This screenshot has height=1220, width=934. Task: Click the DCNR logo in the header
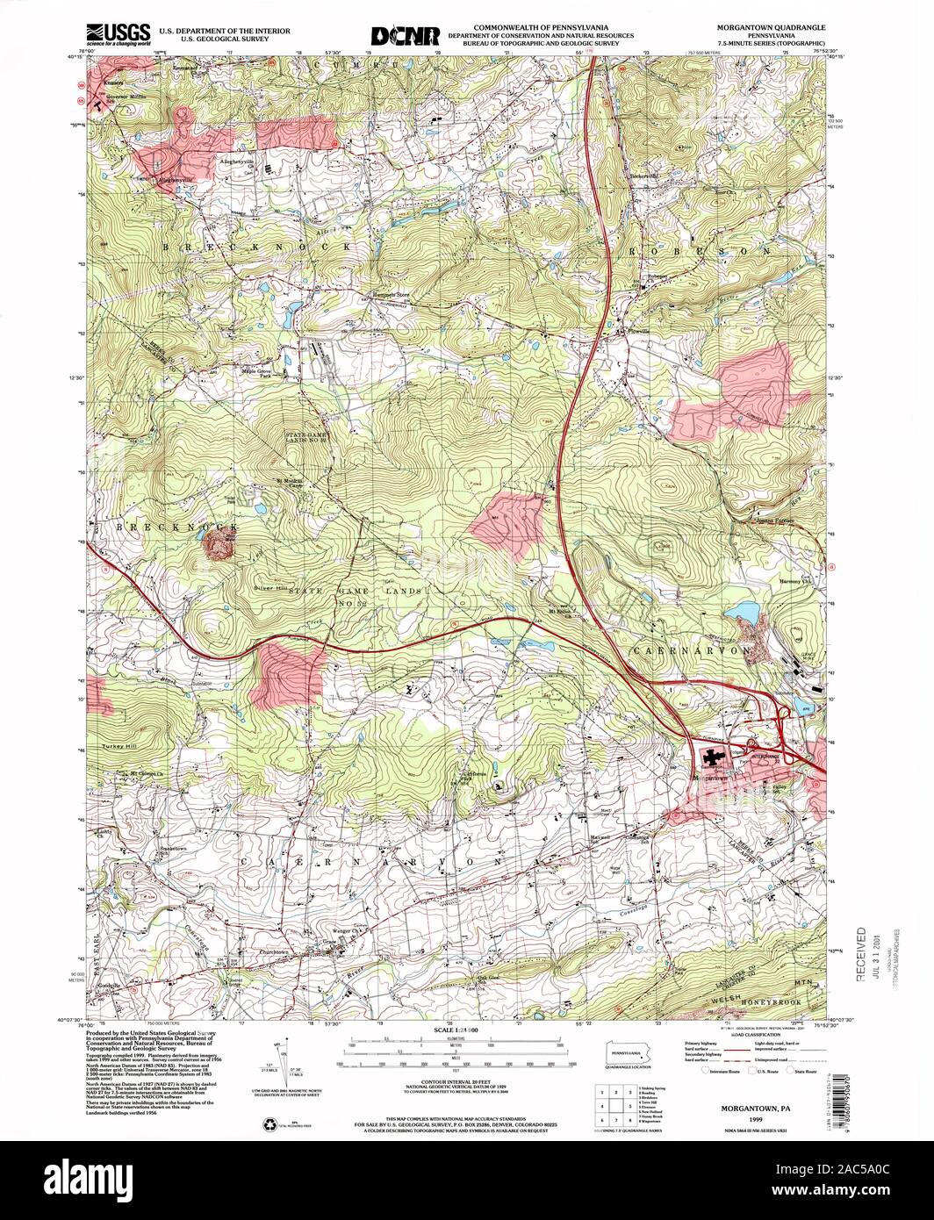pos(405,34)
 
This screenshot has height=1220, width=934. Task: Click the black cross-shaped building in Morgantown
pos(712,757)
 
